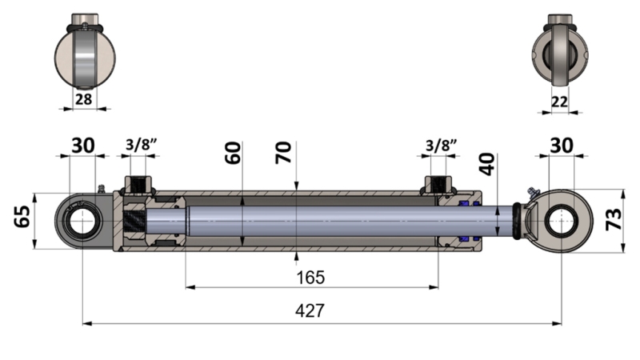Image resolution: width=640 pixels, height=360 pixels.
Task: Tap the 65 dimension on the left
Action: click(22, 216)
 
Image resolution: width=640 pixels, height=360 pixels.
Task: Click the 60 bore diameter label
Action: click(233, 153)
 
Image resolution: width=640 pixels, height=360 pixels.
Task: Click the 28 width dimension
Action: click(83, 99)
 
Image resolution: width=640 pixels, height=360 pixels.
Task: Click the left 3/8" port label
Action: click(141, 146)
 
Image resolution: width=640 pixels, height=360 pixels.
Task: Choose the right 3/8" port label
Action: click(441, 146)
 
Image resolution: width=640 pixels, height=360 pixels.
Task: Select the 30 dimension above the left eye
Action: click(82, 145)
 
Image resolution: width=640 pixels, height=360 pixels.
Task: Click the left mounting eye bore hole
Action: click(82, 221)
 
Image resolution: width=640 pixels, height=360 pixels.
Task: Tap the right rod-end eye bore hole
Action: click(562, 220)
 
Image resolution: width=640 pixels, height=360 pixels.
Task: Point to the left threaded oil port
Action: click(138, 185)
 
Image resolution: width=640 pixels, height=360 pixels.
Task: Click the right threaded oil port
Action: click(438, 185)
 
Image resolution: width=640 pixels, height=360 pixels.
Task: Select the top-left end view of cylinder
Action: click(84, 54)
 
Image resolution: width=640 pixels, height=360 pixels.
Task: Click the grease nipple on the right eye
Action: click(530, 192)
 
